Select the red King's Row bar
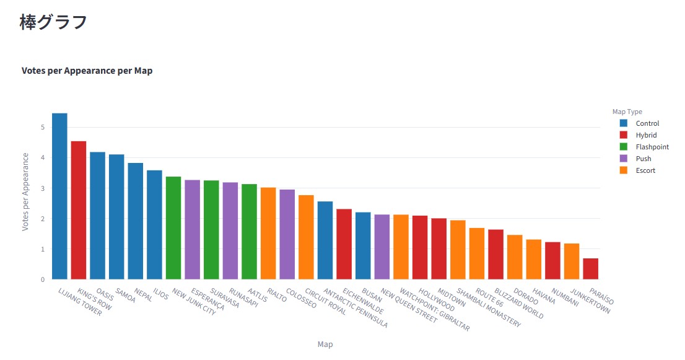tap(79, 210)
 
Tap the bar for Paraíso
tap(590, 268)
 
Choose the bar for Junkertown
tap(572, 261)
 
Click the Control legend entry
tap(647, 123)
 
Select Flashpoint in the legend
tap(652, 147)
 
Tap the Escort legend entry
tap(645, 170)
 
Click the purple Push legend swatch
tap(624, 159)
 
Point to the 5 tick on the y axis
tap(43, 128)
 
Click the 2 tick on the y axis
tap(43, 219)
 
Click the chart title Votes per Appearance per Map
tap(87, 71)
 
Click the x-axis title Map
tap(325, 345)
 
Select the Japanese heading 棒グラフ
tap(53, 22)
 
